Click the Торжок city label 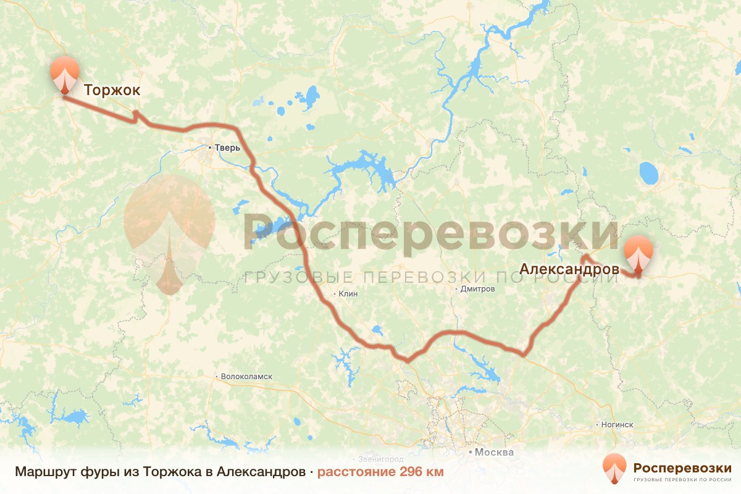click(x=112, y=90)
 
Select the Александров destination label click(x=569, y=269)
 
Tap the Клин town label click(x=348, y=294)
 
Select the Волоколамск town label click(x=246, y=376)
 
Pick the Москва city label click(x=494, y=452)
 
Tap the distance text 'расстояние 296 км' click(x=380, y=472)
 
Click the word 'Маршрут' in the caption click(x=43, y=472)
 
